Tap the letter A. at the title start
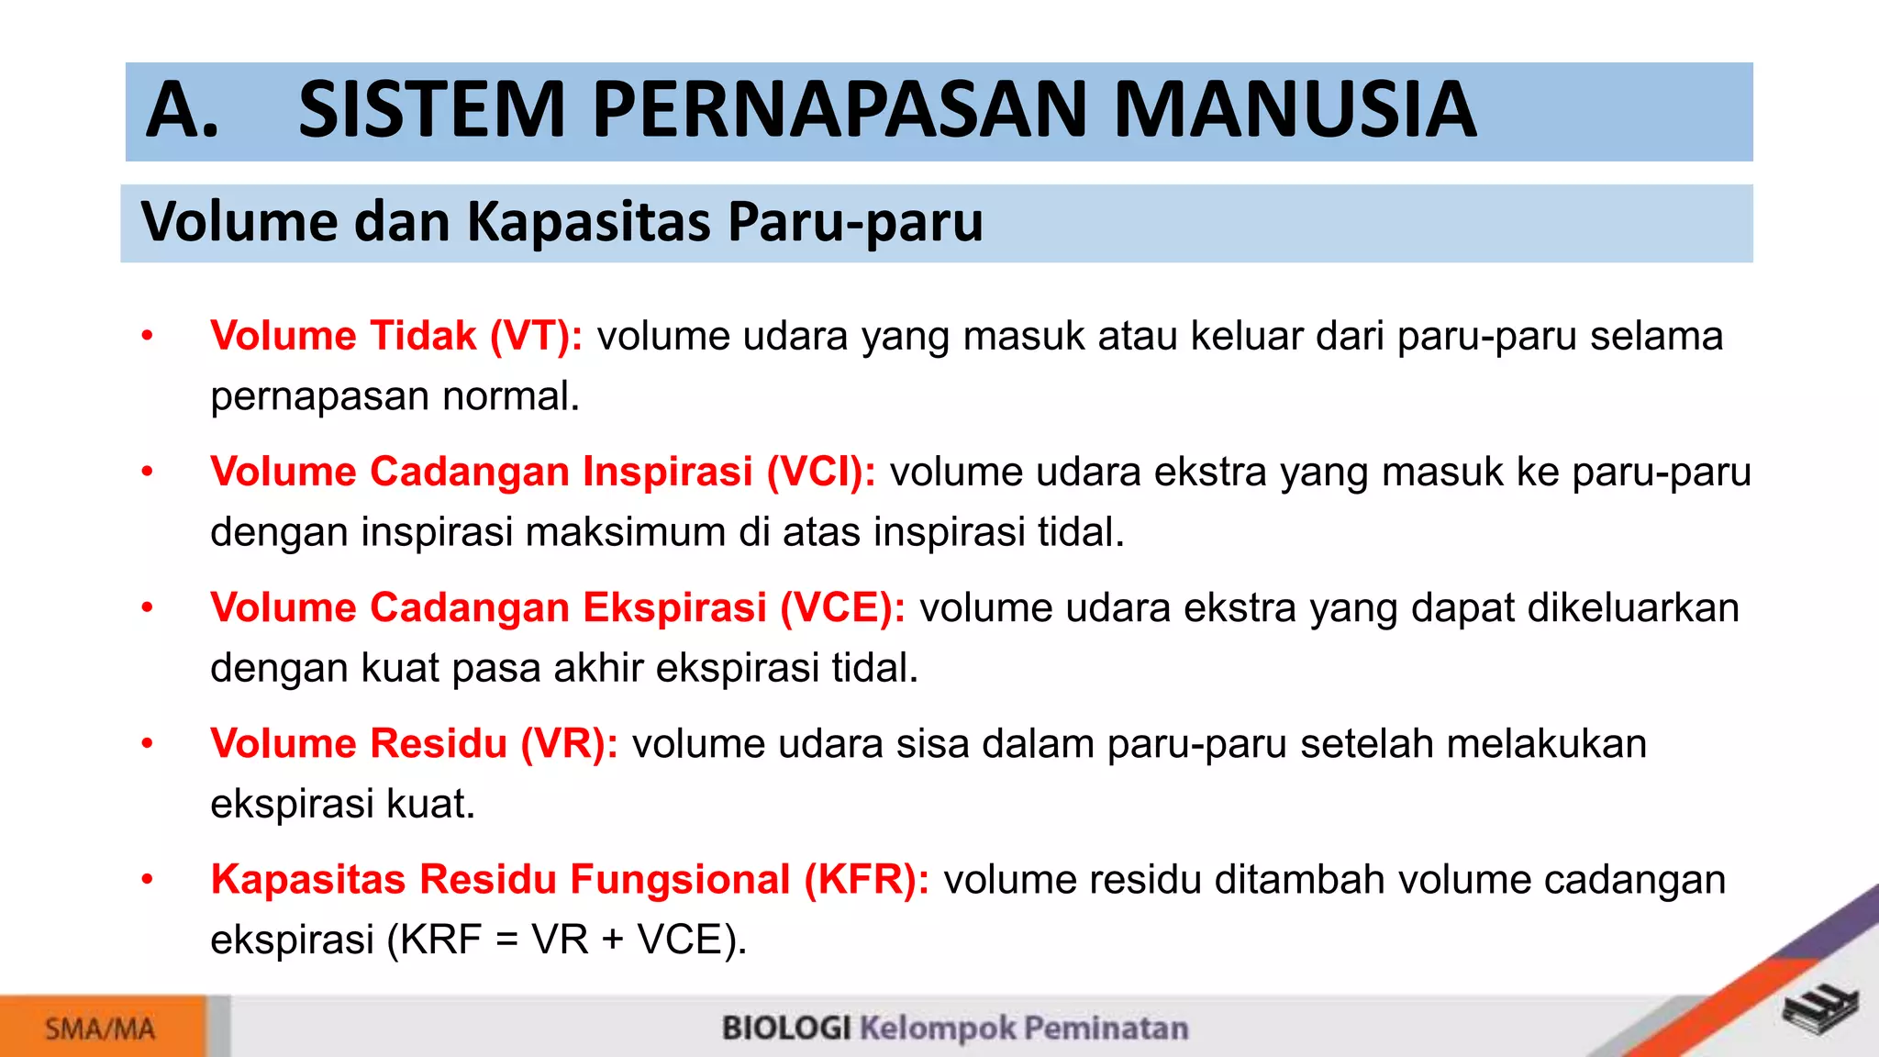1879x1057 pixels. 183,110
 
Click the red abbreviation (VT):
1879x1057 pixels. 536,336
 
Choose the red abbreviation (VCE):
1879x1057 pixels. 842,607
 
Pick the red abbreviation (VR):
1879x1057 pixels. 569,743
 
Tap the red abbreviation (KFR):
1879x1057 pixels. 866,879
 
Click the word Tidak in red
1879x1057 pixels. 423,336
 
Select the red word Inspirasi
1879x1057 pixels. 668,472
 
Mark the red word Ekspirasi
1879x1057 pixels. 674,607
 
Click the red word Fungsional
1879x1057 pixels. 680,879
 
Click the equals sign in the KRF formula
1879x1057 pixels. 506,940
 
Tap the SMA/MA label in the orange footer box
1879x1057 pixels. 100,1029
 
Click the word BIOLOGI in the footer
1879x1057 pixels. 786,1028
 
